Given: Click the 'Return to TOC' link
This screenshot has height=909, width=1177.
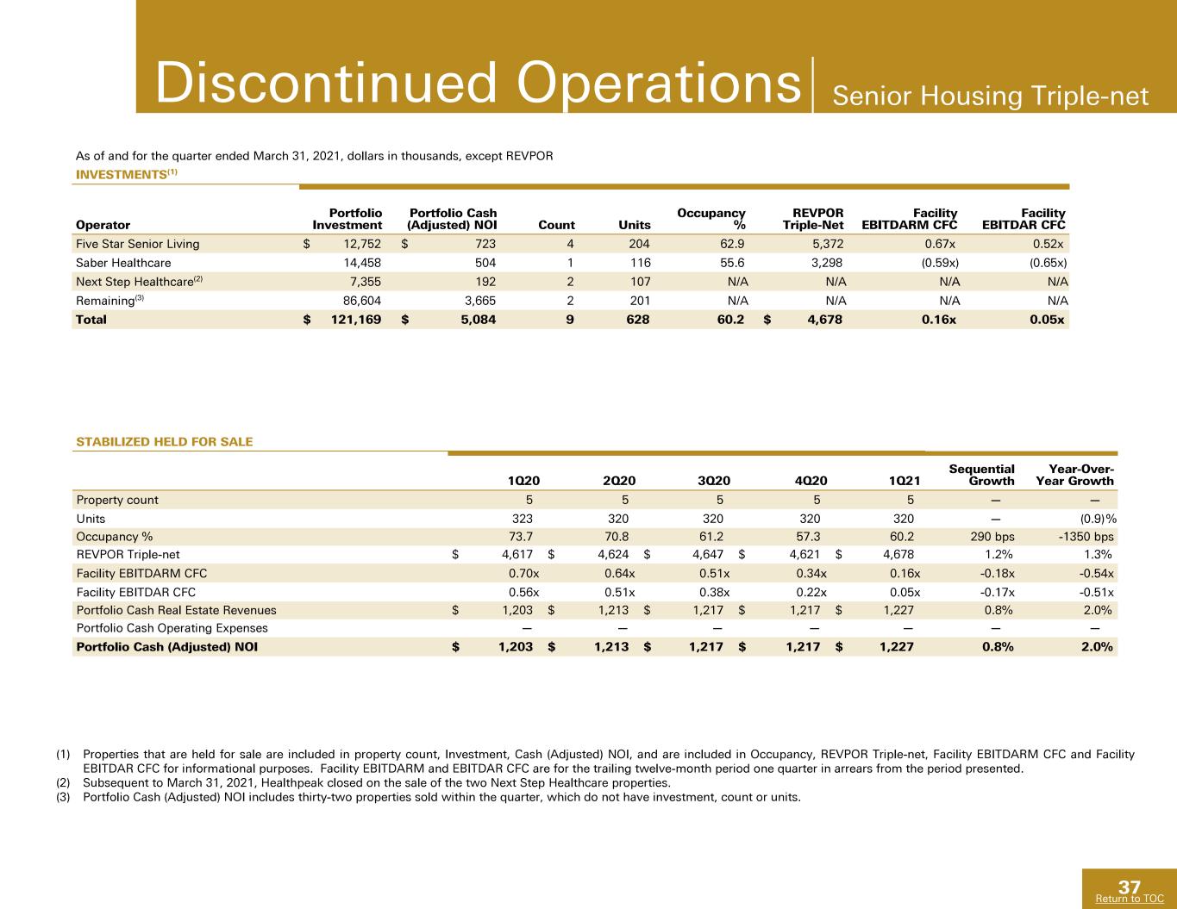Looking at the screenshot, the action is tap(1130, 899).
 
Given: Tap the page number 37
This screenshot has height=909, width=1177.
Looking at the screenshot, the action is tap(1130, 887).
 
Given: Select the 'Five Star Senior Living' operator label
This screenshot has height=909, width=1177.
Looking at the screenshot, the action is tap(138, 244).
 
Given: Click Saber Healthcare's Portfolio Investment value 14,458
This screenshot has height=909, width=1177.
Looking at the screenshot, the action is tap(362, 263).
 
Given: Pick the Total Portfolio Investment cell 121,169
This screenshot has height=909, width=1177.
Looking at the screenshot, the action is tap(356, 320).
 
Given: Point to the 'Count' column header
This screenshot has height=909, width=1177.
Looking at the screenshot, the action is tap(556, 225).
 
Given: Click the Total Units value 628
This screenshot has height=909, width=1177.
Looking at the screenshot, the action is tap(637, 320).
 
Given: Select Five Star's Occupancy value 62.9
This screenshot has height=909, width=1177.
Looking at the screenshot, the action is tap(732, 244).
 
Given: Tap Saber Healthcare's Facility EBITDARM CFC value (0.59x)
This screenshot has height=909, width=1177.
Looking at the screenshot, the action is tap(940, 263).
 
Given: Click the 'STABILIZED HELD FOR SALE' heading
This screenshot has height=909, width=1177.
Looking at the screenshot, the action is tap(165, 441).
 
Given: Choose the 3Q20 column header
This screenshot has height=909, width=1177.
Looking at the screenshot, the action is tap(714, 481).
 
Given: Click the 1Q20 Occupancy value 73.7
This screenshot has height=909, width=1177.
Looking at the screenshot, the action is tap(521, 537).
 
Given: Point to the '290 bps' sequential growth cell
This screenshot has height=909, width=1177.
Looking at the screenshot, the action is tap(992, 537).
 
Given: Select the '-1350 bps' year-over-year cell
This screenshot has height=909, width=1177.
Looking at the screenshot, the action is tap(1086, 537).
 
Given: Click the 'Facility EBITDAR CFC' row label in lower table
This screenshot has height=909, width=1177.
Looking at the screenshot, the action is tap(136, 593).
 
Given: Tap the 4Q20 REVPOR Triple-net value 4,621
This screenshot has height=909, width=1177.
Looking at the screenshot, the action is tap(804, 555).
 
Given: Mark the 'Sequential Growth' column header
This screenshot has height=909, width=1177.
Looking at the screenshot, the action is tap(981, 475).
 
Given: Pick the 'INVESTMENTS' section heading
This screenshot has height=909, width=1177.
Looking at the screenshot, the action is tap(122, 175).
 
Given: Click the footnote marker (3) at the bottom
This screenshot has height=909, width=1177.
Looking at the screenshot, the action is tap(63, 797).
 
